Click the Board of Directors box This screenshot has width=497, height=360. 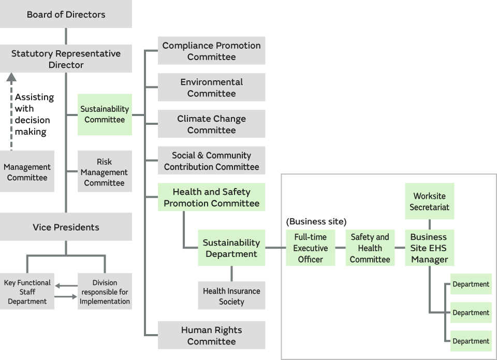(66, 14)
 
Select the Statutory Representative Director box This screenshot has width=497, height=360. (66, 59)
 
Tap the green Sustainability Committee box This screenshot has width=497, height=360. (105, 114)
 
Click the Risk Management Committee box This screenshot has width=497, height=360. (105, 172)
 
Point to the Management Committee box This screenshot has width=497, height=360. (27, 172)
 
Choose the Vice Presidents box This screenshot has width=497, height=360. (66, 227)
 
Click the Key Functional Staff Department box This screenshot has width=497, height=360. (27, 292)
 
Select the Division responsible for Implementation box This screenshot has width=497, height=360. (105, 292)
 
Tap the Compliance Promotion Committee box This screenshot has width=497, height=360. (211, 51)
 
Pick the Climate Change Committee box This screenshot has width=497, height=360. (211, 124)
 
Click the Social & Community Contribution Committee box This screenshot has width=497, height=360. (211, 161)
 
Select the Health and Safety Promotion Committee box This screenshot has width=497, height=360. (211, 197)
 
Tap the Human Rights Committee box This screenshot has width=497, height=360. (211, 335)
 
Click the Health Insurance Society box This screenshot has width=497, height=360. (231, 296)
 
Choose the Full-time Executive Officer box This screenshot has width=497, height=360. (310, 248)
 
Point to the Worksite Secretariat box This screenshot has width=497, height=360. (429, 201)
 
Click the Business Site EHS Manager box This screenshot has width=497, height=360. (429, 248)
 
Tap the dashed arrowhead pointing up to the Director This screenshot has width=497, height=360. (11, 78)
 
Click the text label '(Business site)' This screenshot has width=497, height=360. (316, 221)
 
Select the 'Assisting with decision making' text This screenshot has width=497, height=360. (34, 114)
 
